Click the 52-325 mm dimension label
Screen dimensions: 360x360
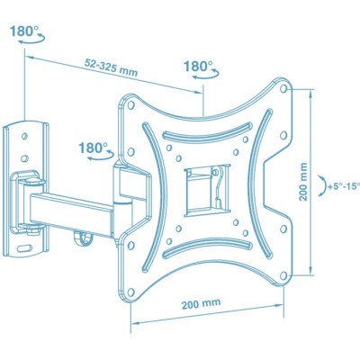[111, 67]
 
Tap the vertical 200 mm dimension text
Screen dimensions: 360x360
[303, 182]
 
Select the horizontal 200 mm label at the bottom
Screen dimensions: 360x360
[202, 303]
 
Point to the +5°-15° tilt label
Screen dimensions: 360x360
[344, 186]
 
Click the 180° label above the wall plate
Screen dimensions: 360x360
[24, 31]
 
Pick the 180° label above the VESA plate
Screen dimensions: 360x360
[198, 66]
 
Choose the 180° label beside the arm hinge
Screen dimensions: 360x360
[93, 148]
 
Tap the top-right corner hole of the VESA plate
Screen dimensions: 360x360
[283, 88]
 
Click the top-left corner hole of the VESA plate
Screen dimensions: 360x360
[130, 105]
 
